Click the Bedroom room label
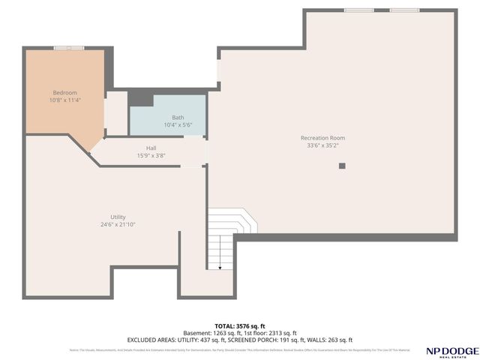(64, 92)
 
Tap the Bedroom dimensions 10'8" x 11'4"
(64, 100)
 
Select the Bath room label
(178, 117)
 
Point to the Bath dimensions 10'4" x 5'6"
(178, 124)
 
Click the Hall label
(151, 148)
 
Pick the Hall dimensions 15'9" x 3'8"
(151, 155)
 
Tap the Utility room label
(118, 217)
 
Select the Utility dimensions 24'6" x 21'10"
(118, 224)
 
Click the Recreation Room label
(322, 137)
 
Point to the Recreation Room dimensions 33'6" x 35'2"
(322, 145)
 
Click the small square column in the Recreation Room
(342, 166)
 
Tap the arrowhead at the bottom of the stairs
(220, 267)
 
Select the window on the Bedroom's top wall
(69, 48)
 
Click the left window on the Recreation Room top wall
(358, 10)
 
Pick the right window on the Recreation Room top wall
(404, 10)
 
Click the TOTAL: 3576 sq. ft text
(240, 325)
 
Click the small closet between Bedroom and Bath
(116, 113)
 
